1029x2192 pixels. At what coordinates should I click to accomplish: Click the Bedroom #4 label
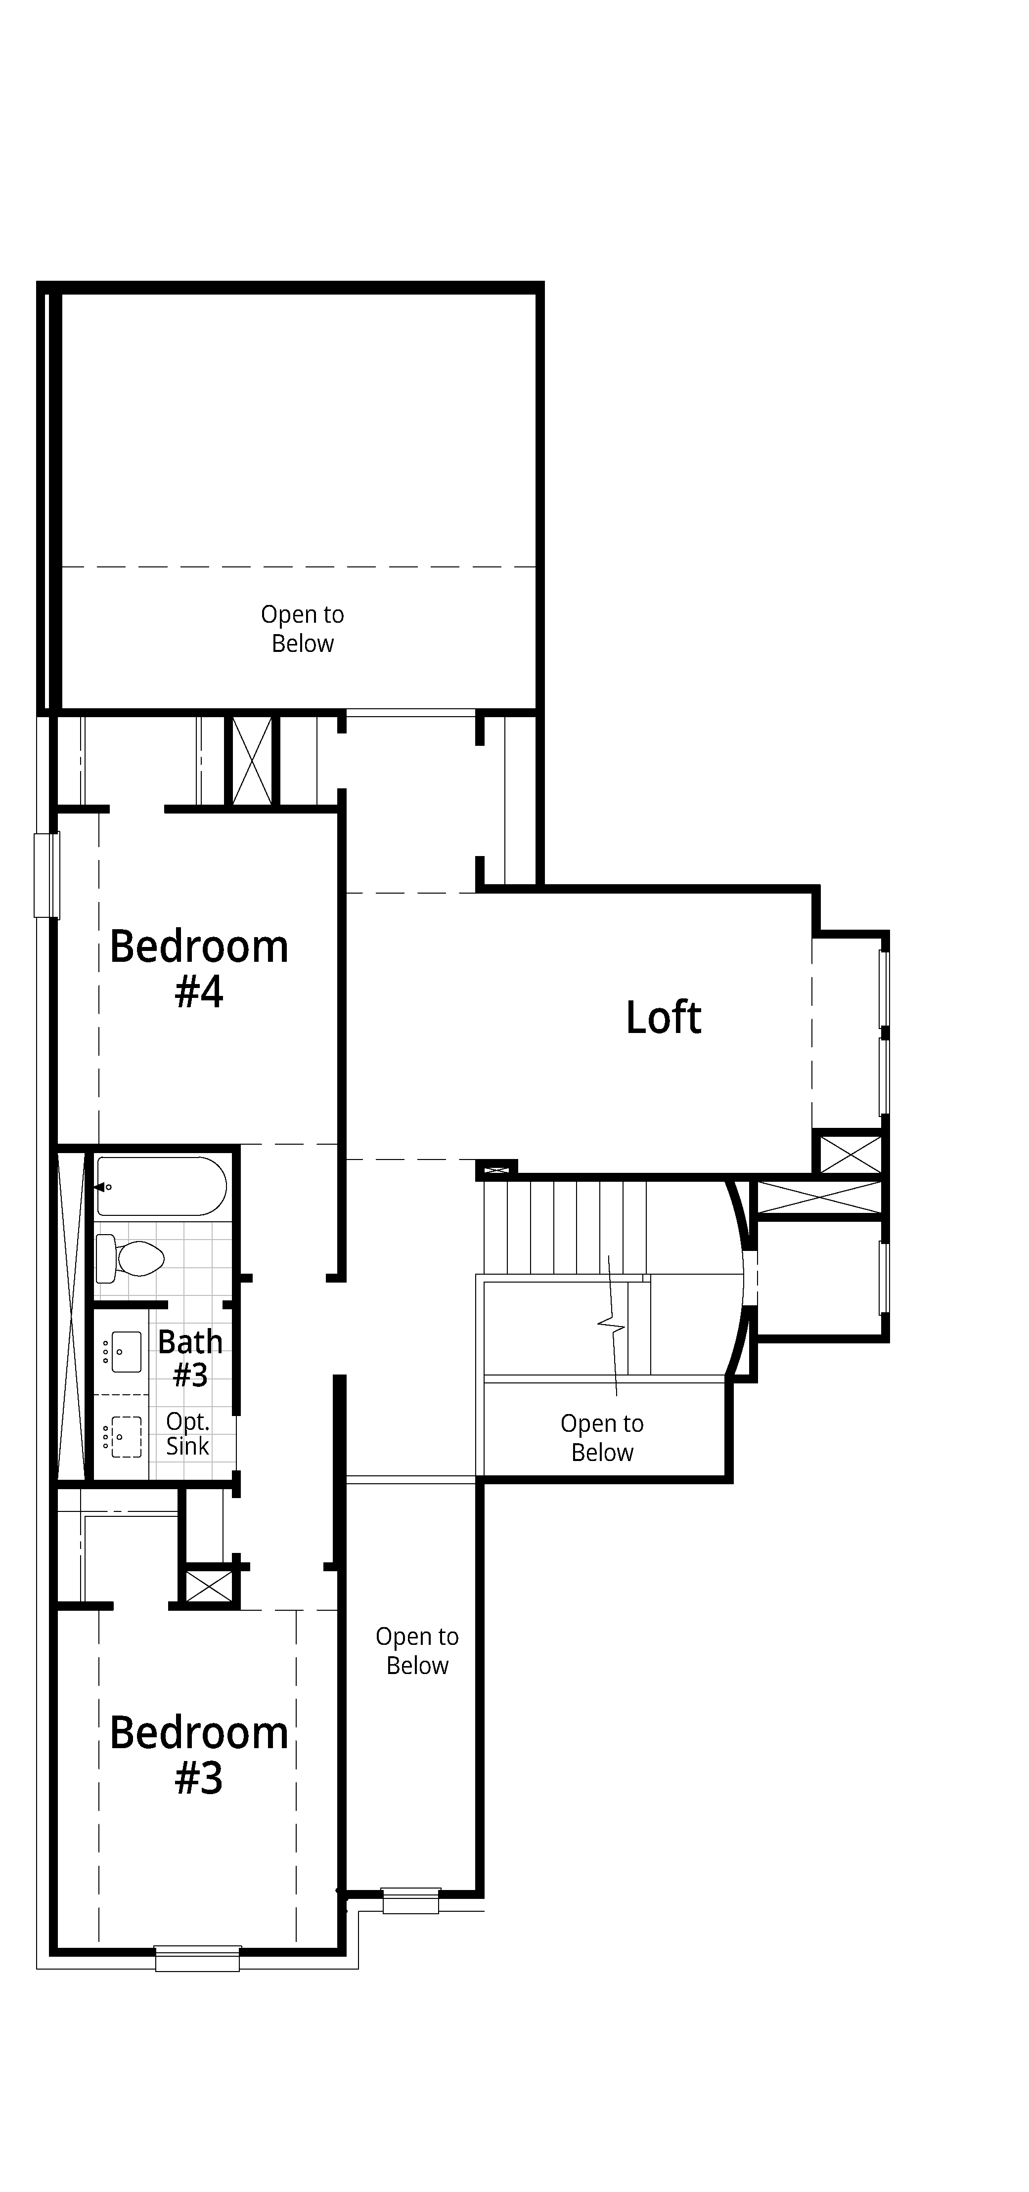click(199, 968)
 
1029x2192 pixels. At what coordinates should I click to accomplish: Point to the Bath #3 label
click(191, 1358)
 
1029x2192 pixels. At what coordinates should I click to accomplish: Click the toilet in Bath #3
click(130, 1258)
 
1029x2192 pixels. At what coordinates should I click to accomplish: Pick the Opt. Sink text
click(187, 1434)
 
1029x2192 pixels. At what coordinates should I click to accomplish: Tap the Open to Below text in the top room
click(302, 629)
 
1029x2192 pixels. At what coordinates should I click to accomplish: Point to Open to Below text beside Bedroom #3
click(417, 1651)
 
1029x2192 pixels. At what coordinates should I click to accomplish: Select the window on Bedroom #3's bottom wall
click(197, 1958)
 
